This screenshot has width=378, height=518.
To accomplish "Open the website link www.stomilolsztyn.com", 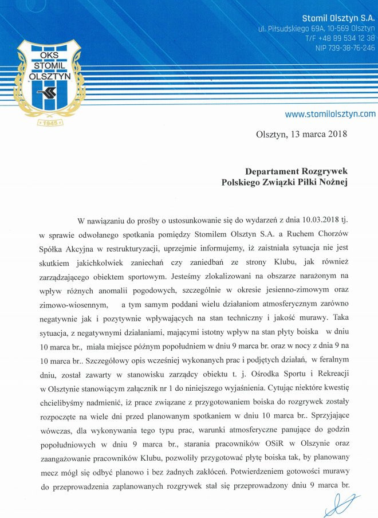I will (330, 113).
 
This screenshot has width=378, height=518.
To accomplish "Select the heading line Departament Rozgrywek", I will (296, 171).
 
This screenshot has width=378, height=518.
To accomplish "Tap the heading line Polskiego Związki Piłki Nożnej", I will (285, 182).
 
